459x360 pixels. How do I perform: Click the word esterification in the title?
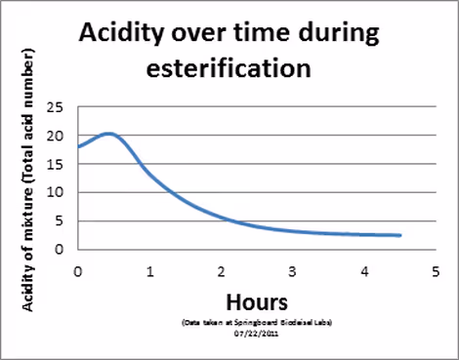click(229, 69)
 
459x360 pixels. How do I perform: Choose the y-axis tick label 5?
click(63, 220)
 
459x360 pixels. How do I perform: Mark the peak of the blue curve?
click(107, 134)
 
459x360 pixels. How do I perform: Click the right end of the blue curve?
click(400, 235)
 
